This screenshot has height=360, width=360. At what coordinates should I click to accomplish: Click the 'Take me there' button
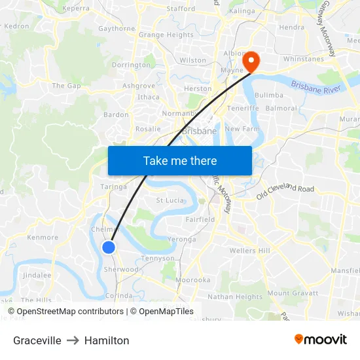tap(180, 160)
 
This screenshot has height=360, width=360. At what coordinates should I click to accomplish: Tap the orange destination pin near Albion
tap(251, 62)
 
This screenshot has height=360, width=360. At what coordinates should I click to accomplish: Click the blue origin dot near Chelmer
tap(109, 247)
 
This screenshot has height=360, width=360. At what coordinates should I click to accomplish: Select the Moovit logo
tap(320, 340)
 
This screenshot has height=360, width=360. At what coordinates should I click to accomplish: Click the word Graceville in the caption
tap(37, 340)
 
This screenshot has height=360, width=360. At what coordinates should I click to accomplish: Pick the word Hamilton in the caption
tap(107, 340)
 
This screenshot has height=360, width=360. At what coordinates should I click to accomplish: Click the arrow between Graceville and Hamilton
tap(73, 340)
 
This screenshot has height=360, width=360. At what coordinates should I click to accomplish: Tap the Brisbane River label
tap(315, 87)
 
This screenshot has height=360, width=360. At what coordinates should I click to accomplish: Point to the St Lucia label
tap(170, 200)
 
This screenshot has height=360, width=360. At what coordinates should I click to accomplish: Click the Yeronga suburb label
tap(182, 240)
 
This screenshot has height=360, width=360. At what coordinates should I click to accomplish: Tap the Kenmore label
tap(43, 238)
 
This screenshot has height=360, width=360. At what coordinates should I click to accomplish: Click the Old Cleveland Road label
tap(285, 192)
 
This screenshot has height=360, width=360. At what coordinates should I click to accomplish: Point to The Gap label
tap(66, 86)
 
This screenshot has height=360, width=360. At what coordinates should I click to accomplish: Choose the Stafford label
tap(181, 9)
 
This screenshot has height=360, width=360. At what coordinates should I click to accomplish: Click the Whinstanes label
tap(303, 60)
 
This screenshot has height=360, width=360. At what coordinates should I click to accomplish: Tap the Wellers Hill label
tap(249, 251)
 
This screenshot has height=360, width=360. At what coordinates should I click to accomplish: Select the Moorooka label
tap(192, 279)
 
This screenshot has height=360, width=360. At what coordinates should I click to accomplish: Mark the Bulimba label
tap(268, 95)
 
